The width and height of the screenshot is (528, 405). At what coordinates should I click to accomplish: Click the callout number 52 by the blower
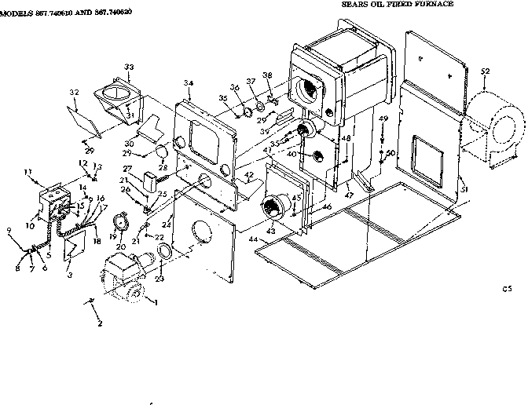coord(485,72)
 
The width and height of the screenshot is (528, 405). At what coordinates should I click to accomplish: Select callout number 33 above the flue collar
coord(129,67)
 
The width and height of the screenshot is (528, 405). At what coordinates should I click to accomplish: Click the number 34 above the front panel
coord(189,83)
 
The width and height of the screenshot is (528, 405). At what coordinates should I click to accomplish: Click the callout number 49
coord(383,119)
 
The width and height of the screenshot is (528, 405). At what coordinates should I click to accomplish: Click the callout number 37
coord(251,82)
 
